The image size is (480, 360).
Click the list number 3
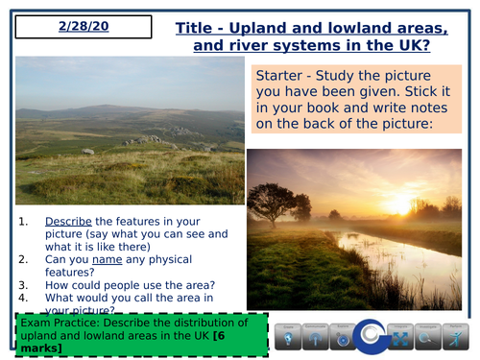click(24, 285)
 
